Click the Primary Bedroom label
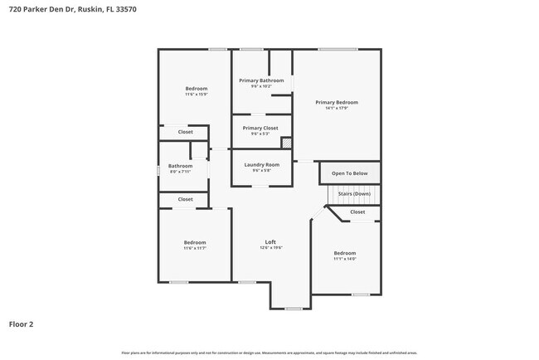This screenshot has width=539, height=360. [337, 102]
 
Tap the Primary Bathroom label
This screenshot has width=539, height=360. [261, 80]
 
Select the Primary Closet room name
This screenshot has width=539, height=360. [260, 128]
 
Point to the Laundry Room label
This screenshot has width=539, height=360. [261, 164]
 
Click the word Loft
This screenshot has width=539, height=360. [270, 241]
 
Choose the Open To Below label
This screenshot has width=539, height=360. [350, 173]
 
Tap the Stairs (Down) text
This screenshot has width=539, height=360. [354, 193]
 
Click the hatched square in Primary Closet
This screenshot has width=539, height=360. [287, 143]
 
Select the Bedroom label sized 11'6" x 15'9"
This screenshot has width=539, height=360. [197, 88]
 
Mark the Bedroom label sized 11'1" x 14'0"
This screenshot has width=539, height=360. [345, 253]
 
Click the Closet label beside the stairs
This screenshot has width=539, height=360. [357, 212]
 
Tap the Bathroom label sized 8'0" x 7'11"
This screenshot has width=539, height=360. [180, 166]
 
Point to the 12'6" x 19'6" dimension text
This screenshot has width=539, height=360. [270, 247]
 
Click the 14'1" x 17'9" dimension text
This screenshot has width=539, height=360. [337, 108]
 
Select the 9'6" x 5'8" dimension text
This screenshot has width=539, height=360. [261, 170]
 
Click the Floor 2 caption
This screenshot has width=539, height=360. [22, 324]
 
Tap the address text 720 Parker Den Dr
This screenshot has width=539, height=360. [37, 9]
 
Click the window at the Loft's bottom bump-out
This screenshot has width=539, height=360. [293, 309]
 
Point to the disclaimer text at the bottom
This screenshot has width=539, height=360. [269, 353]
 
